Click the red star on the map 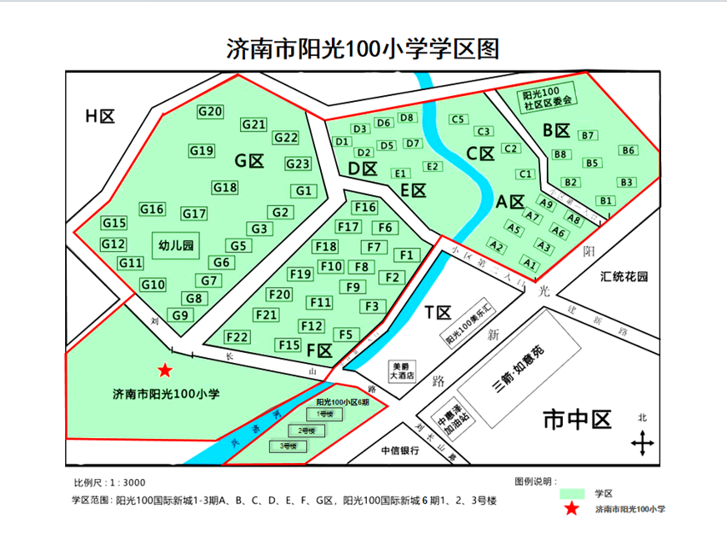(166, 370)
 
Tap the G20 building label (210, 112)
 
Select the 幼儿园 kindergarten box (176, 245)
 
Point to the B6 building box (628, 151)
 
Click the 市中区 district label (576, 419)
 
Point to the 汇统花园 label (624, 277)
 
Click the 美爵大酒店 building (404, 370)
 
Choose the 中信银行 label (399, 451)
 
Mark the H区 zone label (99, 116)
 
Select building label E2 (432, 167)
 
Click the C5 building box (457, 119)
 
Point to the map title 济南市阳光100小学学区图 (363, 48)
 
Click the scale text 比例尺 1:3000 (109, 482)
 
